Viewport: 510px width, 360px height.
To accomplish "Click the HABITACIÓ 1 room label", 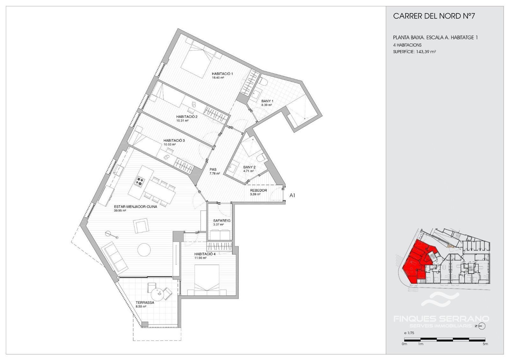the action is click(222, 74).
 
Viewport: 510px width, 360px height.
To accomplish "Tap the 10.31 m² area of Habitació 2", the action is click(182, 121).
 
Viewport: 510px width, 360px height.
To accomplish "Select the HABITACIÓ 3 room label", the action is click(174, 140).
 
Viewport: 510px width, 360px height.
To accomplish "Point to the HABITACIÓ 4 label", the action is click(205, 254).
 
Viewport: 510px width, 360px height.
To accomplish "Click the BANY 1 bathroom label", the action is click(267, 101).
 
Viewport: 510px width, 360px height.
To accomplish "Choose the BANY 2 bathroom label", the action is click(249, 167).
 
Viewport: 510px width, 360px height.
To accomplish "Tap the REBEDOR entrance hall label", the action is click(259, 191).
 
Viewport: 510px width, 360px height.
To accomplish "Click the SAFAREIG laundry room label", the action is click(222, 220).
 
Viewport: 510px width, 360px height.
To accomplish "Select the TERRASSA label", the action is click(145, 303).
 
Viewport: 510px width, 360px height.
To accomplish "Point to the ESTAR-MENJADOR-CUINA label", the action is click(135, 207).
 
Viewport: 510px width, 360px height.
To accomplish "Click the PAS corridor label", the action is click(213, 169).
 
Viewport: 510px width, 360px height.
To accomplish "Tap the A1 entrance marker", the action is click(292, 195).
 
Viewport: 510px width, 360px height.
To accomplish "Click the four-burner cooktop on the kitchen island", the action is click(140, 182).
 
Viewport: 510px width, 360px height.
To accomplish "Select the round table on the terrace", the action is click(157, 294).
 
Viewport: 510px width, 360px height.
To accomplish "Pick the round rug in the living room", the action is click(144, 250).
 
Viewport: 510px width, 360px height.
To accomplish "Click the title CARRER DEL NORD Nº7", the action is click(434, 16).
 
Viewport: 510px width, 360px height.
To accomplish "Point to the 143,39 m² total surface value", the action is click(426, 52).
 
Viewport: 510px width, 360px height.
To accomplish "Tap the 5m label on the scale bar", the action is click(485, 350).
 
